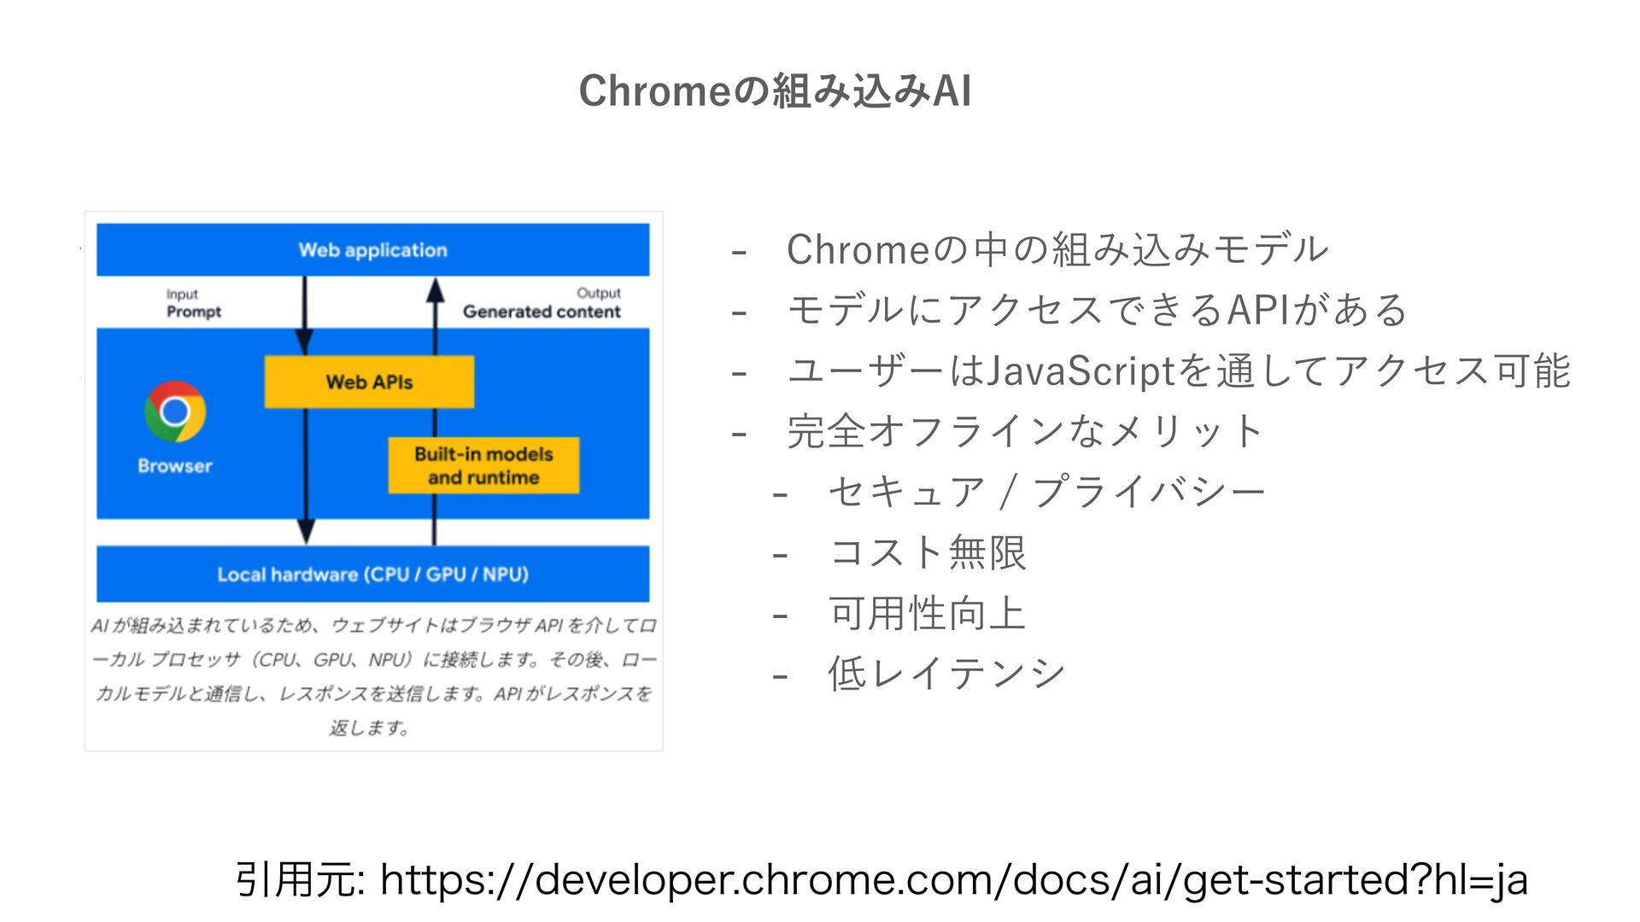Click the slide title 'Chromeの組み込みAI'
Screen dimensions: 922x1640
tap(775, 90)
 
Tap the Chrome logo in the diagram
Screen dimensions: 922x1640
tap(175, 411)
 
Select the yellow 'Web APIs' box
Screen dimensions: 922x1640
tap(369, 382)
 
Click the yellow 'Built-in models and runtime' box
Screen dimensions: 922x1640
tap(483, 465)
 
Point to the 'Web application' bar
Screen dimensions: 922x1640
tap(372, 250)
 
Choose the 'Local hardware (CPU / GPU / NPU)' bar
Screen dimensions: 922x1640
tap(372, 575)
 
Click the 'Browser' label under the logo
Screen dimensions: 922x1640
tap(175, 466)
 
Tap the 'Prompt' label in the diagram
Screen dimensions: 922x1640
tap(194, 312)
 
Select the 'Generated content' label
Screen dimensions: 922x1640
tap(542, 312)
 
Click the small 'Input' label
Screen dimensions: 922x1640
tap(182, 294)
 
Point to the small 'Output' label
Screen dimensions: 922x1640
tap(598, 293)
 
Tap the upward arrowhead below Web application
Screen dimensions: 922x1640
tap(436, 290)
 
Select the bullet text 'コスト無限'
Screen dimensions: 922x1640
tap(928, 552)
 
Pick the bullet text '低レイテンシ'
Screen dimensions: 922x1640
tap(946, 674)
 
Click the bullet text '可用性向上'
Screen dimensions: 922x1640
tap(928, 613)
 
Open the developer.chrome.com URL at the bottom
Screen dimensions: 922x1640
tap(953, 879)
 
